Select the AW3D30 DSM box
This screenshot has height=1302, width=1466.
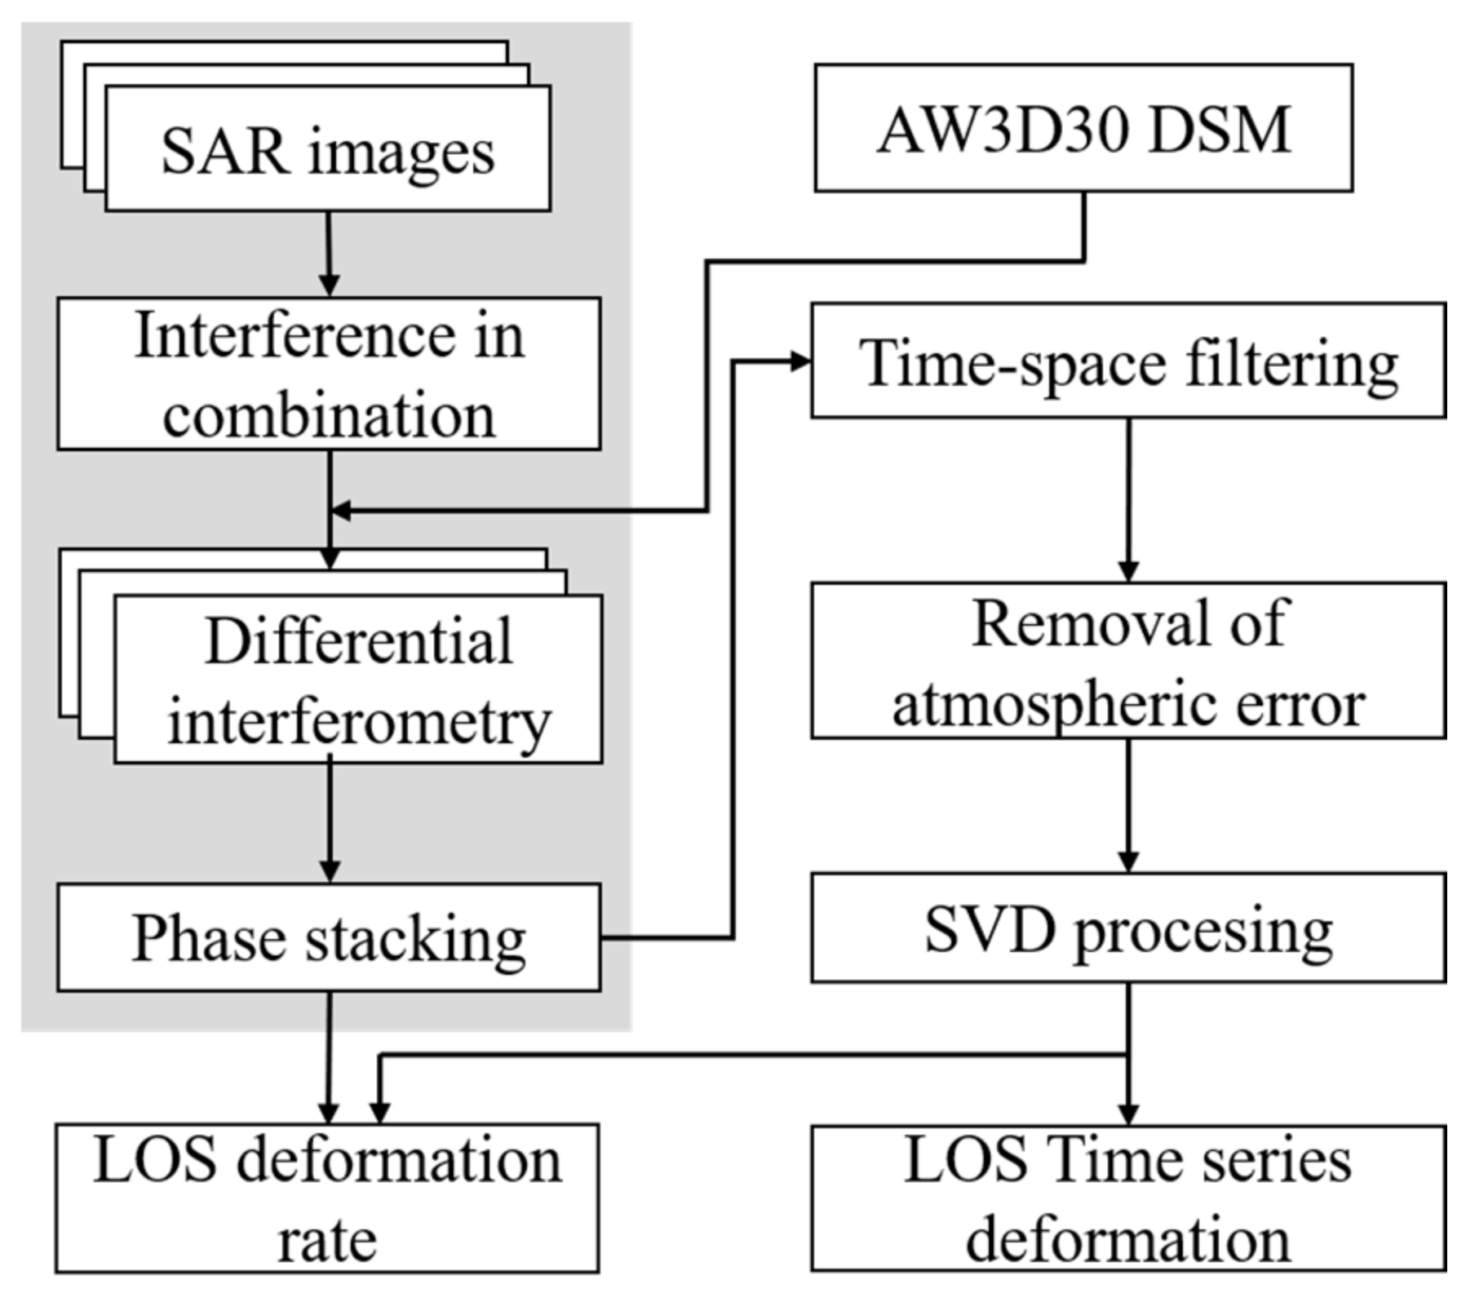1083,129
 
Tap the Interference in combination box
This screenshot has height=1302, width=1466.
329,374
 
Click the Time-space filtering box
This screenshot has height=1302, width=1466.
1128,361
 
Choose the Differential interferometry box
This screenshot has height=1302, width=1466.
358,680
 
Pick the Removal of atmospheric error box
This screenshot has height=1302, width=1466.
1128,661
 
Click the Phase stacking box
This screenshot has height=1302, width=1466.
329,937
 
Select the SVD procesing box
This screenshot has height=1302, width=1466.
1128,928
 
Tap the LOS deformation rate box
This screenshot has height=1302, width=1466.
327,1198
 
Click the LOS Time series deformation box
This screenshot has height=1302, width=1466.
1128,1198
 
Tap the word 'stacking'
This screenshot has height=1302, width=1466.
415,939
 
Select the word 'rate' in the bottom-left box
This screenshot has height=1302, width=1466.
327,1241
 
